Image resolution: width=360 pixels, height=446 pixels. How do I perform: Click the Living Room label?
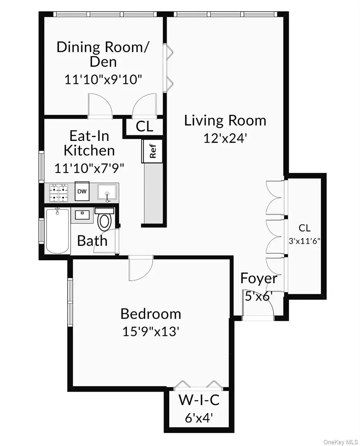click(x=225, y=121)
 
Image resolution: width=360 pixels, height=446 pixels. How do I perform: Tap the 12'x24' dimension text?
click(x=225, y=139)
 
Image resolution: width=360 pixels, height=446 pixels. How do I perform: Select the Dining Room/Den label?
click(x=102, y=54)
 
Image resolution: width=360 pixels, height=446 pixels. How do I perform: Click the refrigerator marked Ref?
click(x=152, y=151)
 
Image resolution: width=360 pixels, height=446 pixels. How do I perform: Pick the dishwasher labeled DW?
click(x=82, y=191)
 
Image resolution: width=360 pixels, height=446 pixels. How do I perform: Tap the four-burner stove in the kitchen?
click(x=59, y=193)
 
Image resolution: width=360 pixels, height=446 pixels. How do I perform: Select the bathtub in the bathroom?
click(x=57, y=231)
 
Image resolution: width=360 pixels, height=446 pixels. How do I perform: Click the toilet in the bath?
click(x=104, y=219)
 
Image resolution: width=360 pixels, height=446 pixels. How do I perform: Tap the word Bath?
click(x=92, y=241)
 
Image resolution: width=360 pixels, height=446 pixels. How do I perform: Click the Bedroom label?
click(x=150, y=314)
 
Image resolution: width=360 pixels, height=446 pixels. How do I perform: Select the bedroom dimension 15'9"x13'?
click(x=150, y=331)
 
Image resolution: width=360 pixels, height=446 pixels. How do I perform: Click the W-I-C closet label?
click(x=199, y=400)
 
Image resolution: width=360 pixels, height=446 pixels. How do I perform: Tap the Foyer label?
click(x=258, y=279)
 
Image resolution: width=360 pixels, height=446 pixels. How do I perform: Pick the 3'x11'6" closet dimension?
click(x=304, y=241)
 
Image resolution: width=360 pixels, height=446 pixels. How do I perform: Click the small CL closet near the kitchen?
click(x=144, y=126)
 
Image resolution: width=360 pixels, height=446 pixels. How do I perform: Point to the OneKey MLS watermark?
click(x=341, y=442)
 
